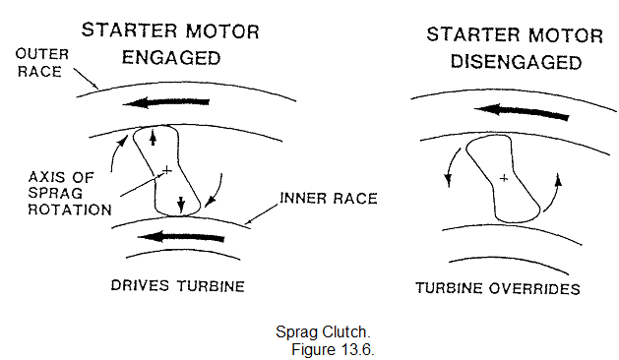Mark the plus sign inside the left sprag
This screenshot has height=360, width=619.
tap(166, 171)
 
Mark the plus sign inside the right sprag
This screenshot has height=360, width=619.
tap(503, 179)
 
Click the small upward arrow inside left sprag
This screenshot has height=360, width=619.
tap(154, 140)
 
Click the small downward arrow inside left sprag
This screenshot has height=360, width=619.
tap(181, 205)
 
